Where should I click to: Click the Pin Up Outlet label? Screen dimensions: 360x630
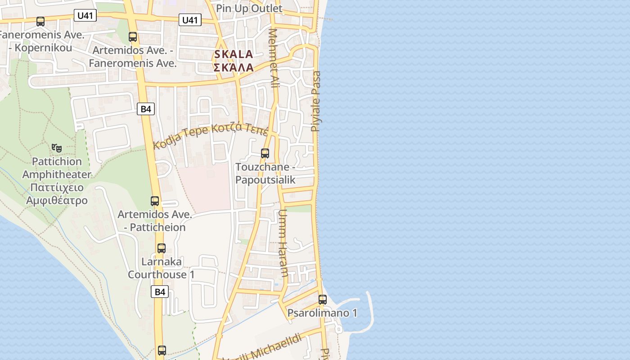point(249,9)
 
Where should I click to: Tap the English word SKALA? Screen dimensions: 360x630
point(234,54)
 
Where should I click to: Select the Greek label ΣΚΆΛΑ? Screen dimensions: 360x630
point(234,68)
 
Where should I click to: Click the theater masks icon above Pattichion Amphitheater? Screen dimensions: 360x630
point(57,148)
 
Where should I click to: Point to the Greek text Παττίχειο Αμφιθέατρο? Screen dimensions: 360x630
point(57,193)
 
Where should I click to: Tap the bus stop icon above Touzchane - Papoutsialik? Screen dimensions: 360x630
point(265,153)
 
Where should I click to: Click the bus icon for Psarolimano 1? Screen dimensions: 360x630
point(323,299)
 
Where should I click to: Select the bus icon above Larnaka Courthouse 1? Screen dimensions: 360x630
point(162,248)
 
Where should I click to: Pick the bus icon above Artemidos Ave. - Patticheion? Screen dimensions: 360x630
point(155,201)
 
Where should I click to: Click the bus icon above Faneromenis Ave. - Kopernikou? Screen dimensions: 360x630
point(40,21)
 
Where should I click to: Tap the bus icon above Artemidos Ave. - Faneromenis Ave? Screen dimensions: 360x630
point(133,37)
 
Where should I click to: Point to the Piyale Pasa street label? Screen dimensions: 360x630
point(316,101)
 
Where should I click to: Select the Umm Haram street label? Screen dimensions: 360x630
point(283,243)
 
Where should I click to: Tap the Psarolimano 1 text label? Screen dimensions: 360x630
point(322,313)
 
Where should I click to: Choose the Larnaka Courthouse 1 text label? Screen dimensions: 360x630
point(161,268)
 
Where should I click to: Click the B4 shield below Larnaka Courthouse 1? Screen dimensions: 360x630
point(160,292)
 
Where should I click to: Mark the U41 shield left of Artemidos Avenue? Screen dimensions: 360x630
point(85,16)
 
